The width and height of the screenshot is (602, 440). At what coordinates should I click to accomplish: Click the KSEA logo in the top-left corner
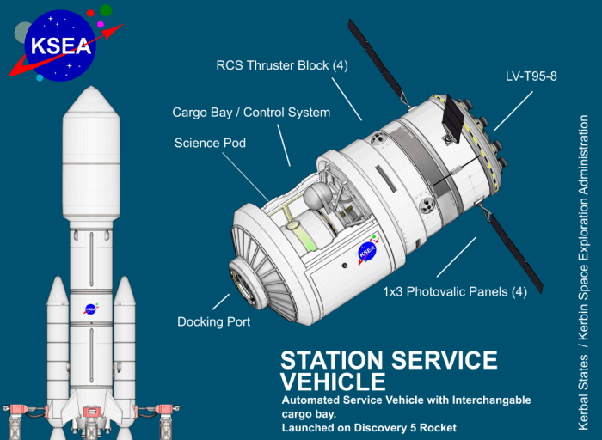click(x=59, y=46)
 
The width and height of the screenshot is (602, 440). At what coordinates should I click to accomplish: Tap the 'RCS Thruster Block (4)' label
click(x=281, y=66)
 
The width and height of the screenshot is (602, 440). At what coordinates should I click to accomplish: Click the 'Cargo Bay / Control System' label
click(x=251, y=112)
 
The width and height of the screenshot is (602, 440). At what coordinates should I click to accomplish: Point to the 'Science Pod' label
click(x=210, y=143)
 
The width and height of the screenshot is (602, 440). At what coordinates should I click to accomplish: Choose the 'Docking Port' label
click(x=214, y=321)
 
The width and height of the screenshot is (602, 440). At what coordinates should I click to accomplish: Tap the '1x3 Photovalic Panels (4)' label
click(x=454, y=291)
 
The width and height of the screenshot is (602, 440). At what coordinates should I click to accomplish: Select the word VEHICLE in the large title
click(x=333, y=381)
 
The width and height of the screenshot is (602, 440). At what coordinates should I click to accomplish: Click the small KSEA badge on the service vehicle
click(x=367, y=252)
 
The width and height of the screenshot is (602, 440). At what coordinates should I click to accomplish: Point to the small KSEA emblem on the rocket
click(x=89, y=309)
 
